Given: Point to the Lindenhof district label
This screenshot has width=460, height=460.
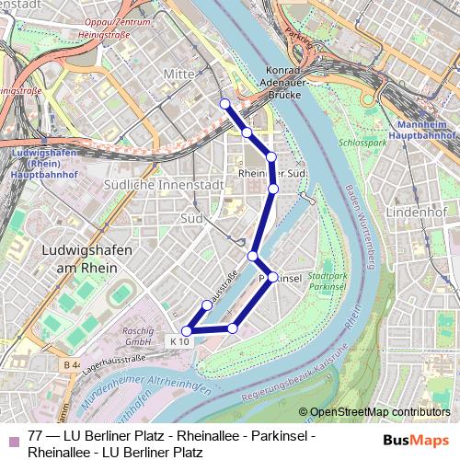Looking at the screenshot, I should (415, 213).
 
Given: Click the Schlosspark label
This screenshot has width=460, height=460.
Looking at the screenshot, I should (363, 144).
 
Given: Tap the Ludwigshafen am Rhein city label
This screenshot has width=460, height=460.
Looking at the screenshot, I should (88, 259).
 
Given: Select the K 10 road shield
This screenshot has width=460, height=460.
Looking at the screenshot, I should (178, 341).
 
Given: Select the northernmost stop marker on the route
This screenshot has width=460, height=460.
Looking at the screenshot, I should (224, 103).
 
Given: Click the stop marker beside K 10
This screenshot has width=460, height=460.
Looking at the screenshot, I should (187, 330).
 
